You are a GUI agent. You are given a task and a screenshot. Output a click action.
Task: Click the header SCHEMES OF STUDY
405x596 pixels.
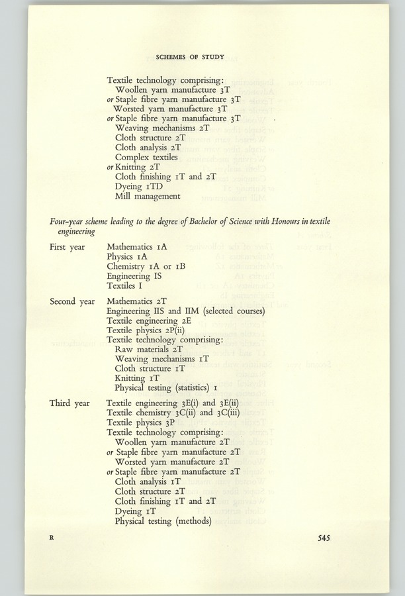click(202, 56)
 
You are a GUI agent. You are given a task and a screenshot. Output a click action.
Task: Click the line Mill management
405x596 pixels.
click(148, 196)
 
